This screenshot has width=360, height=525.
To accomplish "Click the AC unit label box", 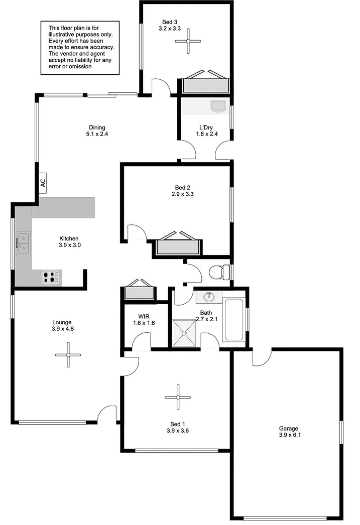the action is coord(43,183).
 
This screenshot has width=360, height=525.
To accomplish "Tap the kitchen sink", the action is coord(23,243).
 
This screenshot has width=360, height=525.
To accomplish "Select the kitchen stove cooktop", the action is coord(52,278).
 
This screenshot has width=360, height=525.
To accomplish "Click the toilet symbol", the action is coord(220,272).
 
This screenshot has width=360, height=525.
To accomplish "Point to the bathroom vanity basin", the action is coord(209,297).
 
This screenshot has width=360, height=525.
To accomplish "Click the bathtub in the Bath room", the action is coord(233,319).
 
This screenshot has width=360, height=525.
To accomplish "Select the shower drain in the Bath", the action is coord(184,333).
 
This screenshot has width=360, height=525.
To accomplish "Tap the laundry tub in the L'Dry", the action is coord(218,105).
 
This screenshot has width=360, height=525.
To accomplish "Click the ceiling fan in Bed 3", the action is coord(188,42).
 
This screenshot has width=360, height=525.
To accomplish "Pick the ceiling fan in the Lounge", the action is coord(68,355).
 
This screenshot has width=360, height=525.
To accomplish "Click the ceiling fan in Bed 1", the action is coord(178,398).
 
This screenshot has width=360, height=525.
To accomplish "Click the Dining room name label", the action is coord(97,127).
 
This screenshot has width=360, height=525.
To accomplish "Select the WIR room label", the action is coord(144,316).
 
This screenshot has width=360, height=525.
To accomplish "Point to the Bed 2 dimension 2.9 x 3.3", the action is coord(183,194).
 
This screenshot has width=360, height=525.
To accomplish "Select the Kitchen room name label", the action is coord(69,238).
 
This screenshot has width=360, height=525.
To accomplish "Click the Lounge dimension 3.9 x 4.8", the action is coord(63,329).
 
